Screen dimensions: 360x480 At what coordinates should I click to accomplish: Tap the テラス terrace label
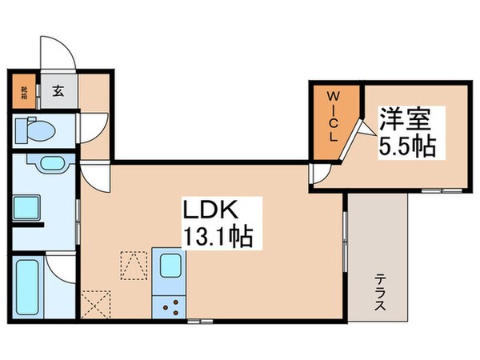[x=378, y=294]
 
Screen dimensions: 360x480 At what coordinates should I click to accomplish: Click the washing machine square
[x=26, y=207]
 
